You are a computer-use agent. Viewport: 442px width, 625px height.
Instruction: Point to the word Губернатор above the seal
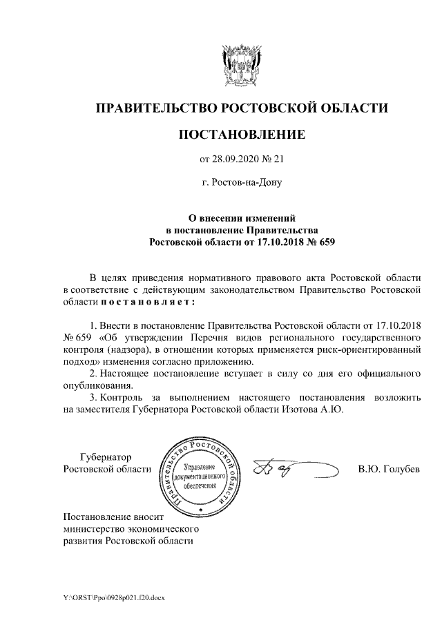coord(106,456)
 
